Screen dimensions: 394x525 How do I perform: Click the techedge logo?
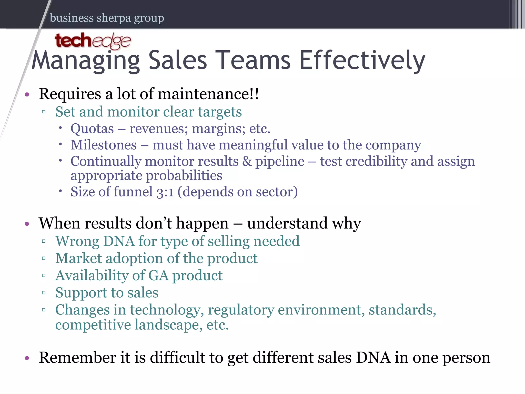(x=93, y=41)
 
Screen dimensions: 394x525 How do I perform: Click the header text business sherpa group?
(x=107, y=18)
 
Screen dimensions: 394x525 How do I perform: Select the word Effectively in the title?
(x=362, y=60)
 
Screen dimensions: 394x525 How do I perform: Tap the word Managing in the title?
(x=86, y=61)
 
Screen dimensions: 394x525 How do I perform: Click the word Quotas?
(x=92, y=129)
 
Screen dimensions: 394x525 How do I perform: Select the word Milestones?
(x=104, y=145)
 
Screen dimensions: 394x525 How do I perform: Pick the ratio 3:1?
(x=165, y=192)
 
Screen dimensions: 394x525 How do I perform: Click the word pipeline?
(x=280, y=162)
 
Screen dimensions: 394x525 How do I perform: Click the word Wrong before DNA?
(x=77, y=241)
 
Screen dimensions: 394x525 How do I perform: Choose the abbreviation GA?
(x=158, y=275)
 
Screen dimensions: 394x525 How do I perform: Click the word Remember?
(x=77, y=358)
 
